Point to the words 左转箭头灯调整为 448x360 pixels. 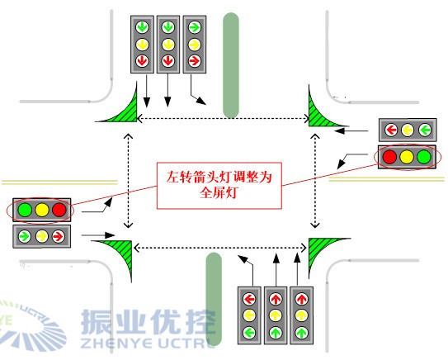point(219,174)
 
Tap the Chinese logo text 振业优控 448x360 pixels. point(148,324)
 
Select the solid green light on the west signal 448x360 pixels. point(25,210)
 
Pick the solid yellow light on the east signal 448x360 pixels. point(407,155)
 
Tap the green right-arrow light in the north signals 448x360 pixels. point(195,26)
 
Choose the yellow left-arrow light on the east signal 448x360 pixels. point(407,130)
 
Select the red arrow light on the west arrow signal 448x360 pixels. point(59,236)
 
